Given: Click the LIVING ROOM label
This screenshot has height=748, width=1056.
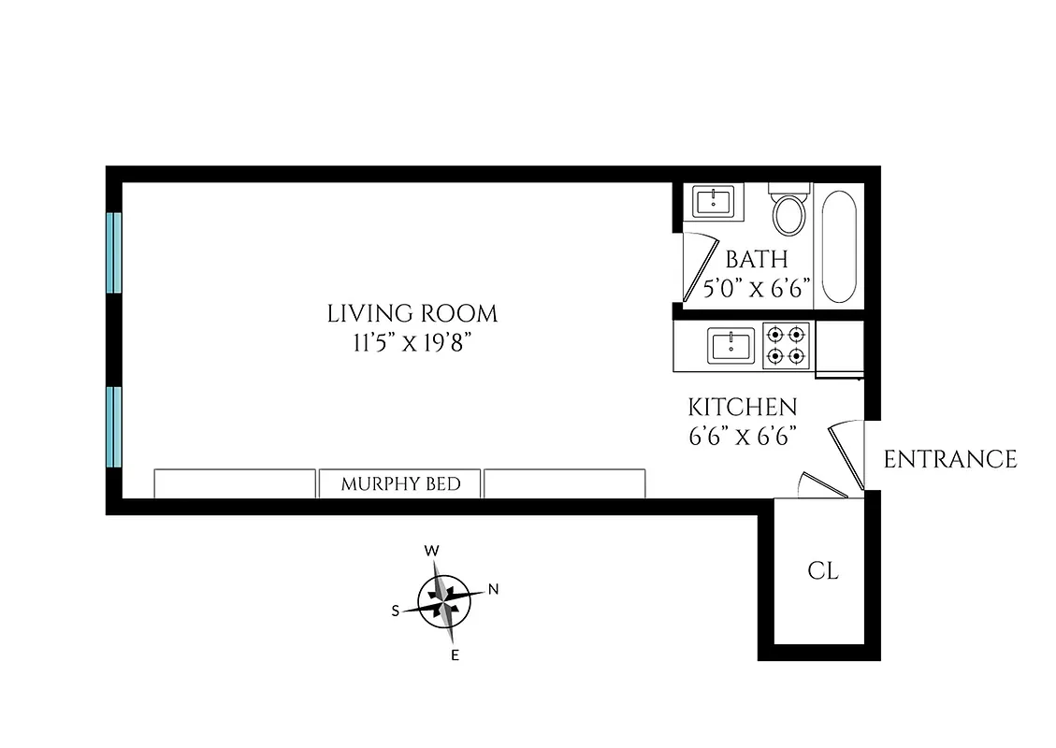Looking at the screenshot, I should pos(412,313).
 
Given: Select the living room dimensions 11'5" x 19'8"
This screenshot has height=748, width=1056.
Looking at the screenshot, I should pos(412,342).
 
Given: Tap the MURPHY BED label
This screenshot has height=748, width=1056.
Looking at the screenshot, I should pos(400,484).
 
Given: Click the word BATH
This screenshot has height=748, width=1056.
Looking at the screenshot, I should pos(757,260).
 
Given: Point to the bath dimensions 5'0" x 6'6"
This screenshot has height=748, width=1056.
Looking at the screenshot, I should pos(757,287).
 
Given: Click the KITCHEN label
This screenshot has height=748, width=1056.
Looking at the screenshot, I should pos(743,408).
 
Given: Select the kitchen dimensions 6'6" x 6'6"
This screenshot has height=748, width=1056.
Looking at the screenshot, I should pos(743,437).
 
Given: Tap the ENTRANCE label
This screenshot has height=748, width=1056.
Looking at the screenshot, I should pos(950,459).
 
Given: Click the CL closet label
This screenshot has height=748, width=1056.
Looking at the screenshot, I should pos(823,570).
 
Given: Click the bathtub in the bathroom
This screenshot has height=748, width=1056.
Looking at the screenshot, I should pos(838,245).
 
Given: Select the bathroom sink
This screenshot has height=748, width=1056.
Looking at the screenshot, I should pos(717,201).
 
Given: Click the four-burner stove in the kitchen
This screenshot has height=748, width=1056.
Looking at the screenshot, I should pos(786,345).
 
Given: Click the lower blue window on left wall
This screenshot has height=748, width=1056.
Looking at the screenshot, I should pos(114,426).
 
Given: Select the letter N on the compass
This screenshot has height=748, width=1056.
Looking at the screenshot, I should pos(494,589).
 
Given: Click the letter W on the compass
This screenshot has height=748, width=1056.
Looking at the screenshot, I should pos(432,551).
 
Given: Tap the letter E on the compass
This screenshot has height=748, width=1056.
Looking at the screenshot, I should pos(456,654).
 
